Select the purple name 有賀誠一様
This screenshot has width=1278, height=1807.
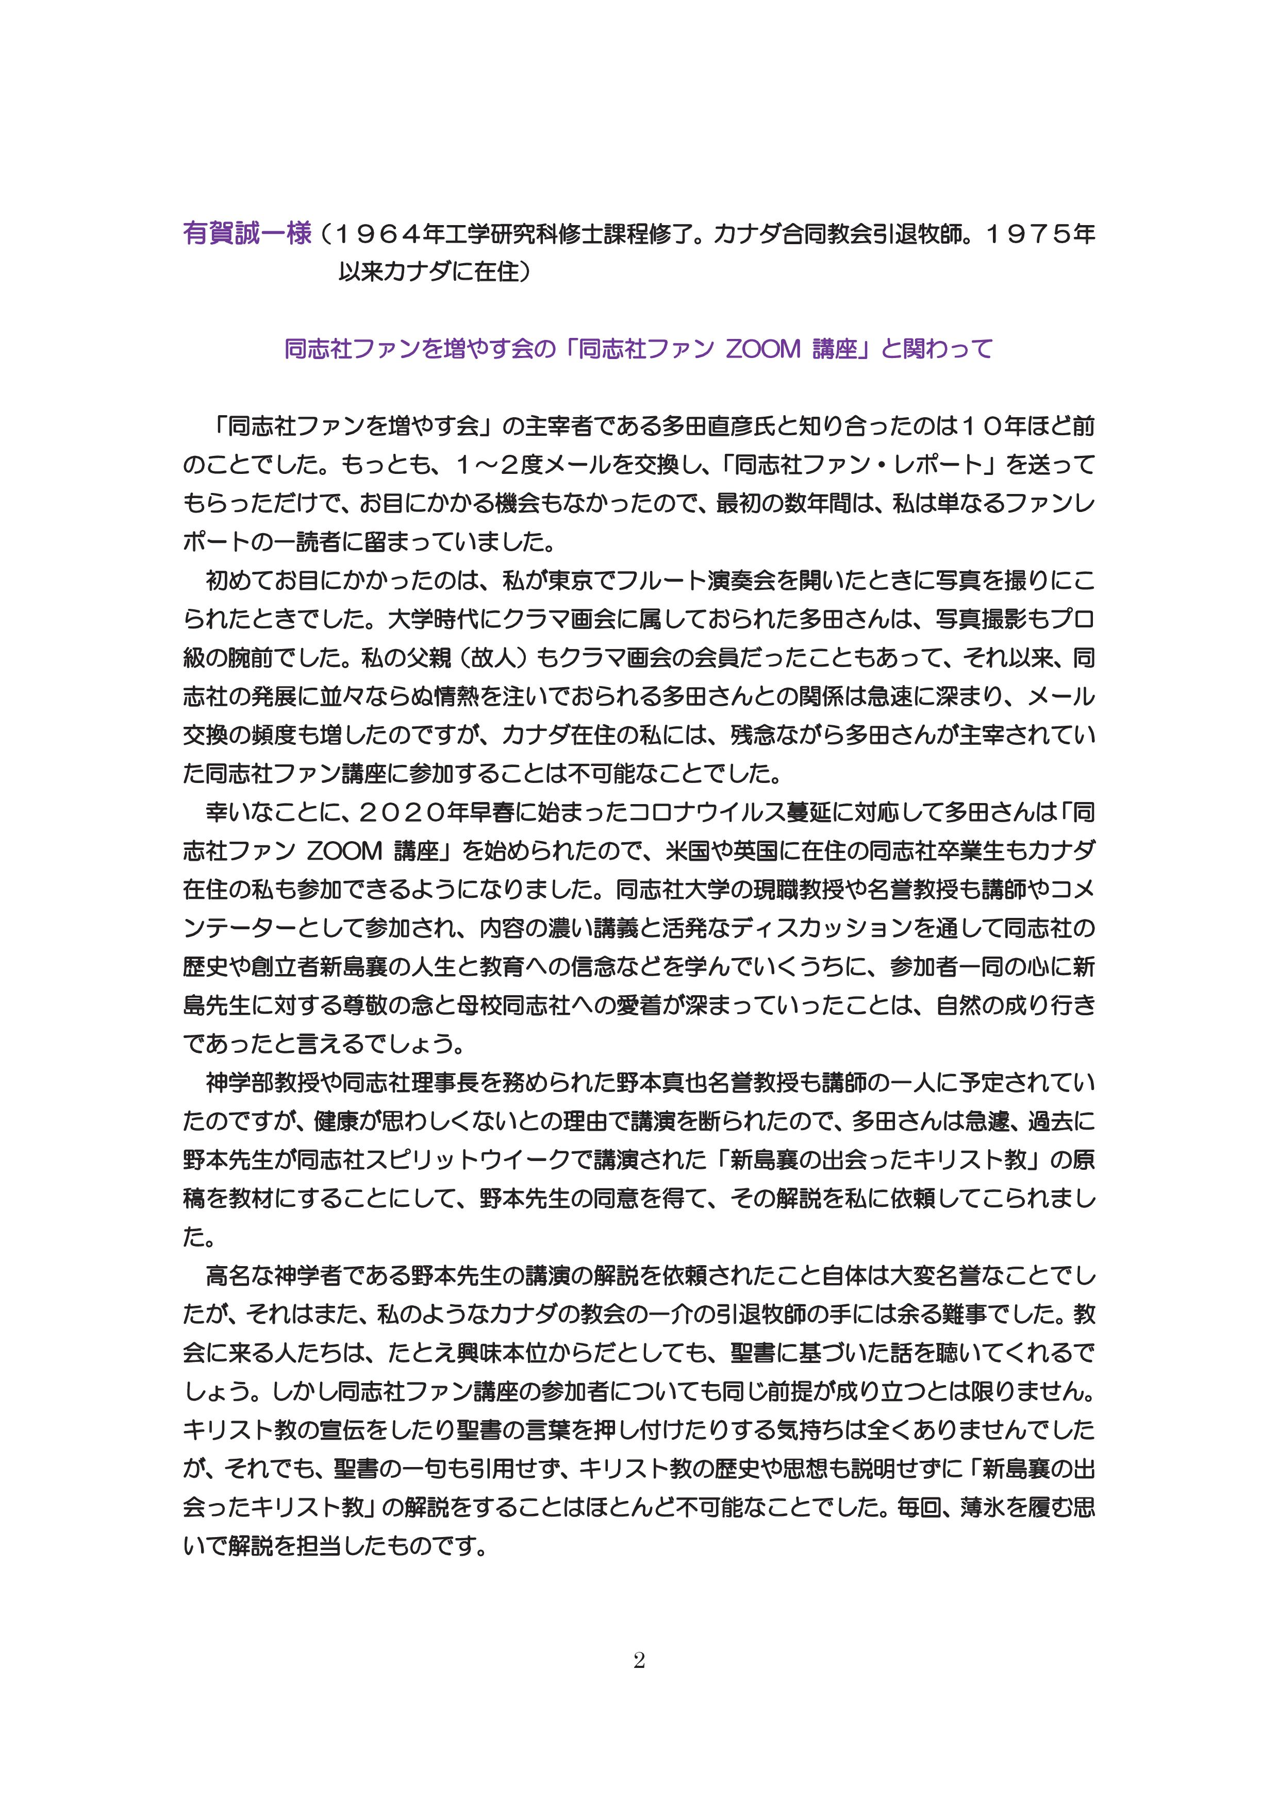247,234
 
